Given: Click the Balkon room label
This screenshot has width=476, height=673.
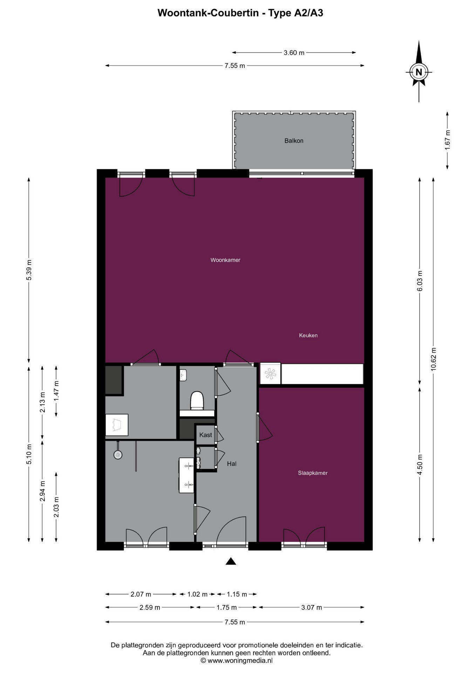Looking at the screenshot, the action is (x=294, y=141).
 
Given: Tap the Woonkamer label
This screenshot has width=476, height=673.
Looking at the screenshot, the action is (x=225, y=260).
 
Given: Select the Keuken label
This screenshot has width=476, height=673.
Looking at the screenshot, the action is (x=308, y=335).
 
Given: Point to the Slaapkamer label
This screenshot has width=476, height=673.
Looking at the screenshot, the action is (x=313, y=473).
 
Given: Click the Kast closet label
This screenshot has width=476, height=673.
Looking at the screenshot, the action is (x=205, y=435).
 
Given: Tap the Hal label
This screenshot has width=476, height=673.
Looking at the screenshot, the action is (x=232, y=464).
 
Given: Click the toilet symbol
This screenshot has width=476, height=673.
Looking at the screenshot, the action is (x=197, y=400).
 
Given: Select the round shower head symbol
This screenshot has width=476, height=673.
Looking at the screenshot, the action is (x=118, y=455).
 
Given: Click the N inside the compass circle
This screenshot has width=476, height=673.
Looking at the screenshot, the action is (x=419, y=72).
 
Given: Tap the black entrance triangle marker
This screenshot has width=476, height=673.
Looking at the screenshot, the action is (x=230, y=561).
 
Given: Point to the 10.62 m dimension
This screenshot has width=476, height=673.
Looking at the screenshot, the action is (x=434, y=359).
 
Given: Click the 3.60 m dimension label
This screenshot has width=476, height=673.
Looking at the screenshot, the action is (x=294, y=53).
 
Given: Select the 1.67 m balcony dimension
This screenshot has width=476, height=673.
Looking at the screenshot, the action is (x=447, y=140).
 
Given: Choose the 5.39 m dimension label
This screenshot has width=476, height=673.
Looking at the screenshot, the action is (x=29, y=270).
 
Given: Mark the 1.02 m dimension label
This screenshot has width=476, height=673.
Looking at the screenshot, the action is (x=197, y=594).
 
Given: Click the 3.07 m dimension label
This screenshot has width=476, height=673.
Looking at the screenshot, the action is (x=312, y=607).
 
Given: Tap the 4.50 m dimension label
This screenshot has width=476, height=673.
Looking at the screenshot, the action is (x=420, y=464).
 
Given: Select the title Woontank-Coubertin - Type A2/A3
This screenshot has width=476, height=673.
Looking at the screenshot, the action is (x=240, y=13).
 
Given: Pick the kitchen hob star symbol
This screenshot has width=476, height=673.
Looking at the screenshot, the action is (x=270, y=374).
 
